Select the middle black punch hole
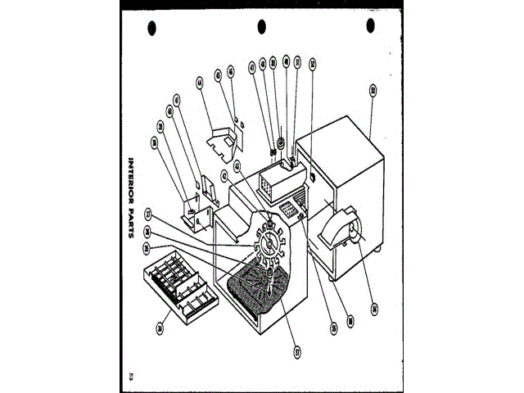tap(262, 27)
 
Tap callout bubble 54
tap(373, 308)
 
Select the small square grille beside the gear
tap(287, 212)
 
